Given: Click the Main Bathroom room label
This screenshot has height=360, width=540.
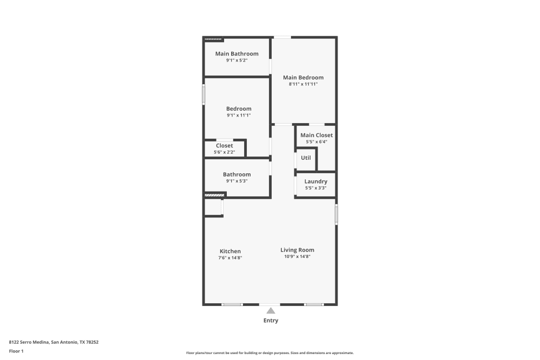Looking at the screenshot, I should pyautogui.click(x=237, y=54).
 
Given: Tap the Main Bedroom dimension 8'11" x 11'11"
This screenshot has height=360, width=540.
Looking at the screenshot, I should pyautogui.click(x=303, y=84).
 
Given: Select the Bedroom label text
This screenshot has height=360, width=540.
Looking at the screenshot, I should pyautogui.click(x=238, y=109).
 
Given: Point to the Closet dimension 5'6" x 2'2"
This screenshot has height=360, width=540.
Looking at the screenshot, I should pyautogui.click(x=225, y=152).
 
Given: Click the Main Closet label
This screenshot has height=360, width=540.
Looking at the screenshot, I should pyautogui.click(x=316, y=135).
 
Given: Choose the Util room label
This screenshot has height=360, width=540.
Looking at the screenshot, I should pyautogui.click(x=306, y=158).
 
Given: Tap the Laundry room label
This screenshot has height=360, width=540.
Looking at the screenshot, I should pyautogui.click(x=316, y=181).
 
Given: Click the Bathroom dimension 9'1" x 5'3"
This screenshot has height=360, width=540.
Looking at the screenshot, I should pyautogui.click(x=237, y=181).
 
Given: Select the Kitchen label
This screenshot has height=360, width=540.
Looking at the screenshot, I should pyautogui.click(x=230, y=252).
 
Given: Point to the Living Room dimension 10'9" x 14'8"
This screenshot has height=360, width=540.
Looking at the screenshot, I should pyautogui.click(x=297, y=256).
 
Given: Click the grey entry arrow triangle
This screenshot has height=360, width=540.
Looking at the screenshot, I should pyautogui.click(x=271, y=310).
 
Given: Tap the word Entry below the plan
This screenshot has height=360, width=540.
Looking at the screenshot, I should pyautogui.click(x=271, y=321).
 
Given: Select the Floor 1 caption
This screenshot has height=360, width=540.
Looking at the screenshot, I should pyautogui.click(x=16, y=351).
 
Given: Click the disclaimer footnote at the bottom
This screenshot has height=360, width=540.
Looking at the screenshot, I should pyautogui.click(x=270, y=352).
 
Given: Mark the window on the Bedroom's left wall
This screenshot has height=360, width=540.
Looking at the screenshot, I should pyautogui.click(x=204, y=94).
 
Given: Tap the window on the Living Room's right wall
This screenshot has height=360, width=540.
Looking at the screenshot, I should pyautogui.click(x=336, y=214).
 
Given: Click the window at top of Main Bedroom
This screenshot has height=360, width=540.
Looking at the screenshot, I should pyautogui.click(x=282, y=37).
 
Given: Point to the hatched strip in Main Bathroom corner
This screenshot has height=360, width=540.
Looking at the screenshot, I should pyautogui.click(x=213, y=39).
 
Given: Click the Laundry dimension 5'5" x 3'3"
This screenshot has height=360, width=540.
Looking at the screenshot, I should pyautogui.click(x=316, y=188).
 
